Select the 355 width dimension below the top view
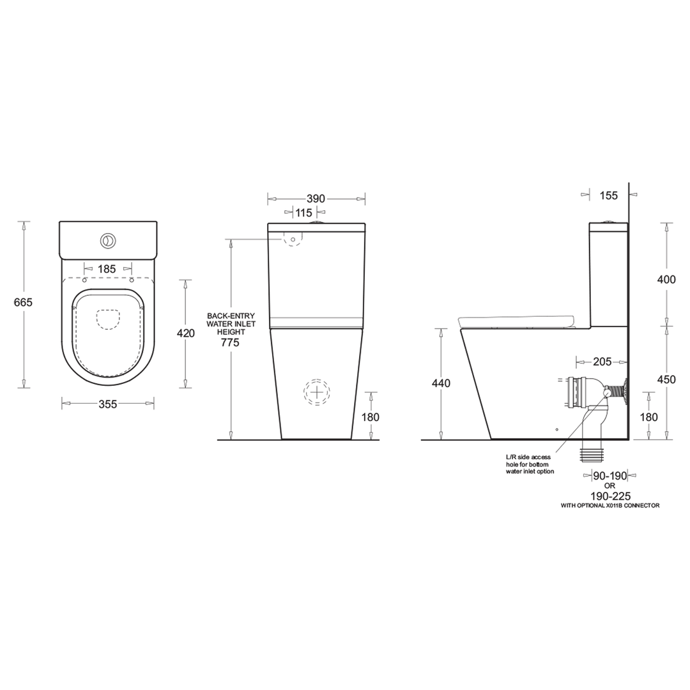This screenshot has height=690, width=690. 108,404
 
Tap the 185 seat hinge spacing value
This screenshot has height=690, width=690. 107,269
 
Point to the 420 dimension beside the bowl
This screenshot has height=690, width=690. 186,333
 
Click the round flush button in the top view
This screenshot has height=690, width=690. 108,240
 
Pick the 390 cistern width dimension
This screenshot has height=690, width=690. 316,198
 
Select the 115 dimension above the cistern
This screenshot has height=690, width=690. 303,212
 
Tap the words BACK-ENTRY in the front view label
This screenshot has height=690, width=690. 231,316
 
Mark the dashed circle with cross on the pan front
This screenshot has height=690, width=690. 317,392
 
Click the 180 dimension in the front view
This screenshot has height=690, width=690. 370,417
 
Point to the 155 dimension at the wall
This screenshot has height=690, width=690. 609,195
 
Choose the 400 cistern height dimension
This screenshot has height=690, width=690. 666,279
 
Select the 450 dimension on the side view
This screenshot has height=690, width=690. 666,379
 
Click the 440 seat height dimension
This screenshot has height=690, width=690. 441,383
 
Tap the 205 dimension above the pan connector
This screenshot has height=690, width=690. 602,362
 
